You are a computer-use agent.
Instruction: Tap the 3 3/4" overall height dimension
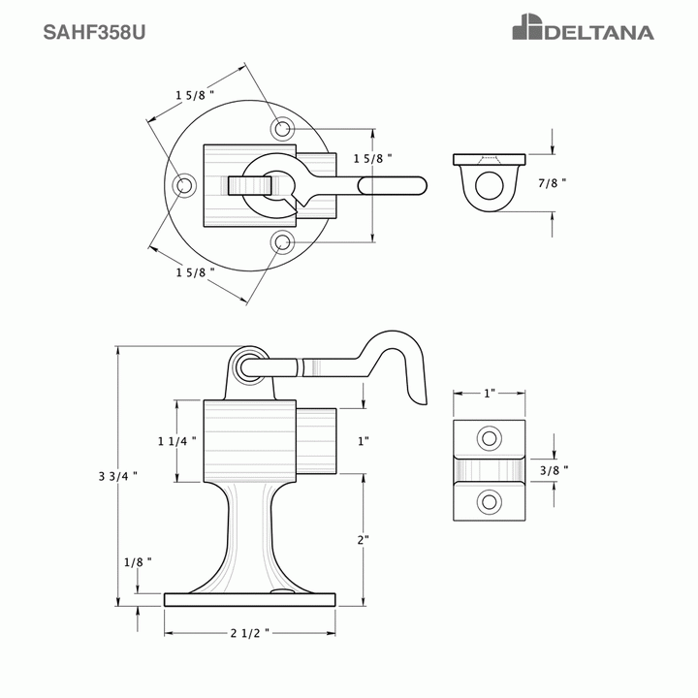click(x=117, y=475)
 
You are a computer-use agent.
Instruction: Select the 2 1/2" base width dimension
click(x=249, y=633)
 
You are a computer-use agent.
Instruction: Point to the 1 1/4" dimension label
click(x=177, y=440)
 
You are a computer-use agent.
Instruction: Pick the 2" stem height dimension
click(x=364, y=540)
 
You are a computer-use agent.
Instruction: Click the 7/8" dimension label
click(x=553, y=182)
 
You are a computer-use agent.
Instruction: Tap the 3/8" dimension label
click(x=554, y=470)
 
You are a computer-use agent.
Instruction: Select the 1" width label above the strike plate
click(x=490, y=394)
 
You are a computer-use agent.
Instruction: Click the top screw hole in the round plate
click(x=282, y=128)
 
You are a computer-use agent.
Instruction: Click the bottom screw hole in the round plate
click(x=282, y=241)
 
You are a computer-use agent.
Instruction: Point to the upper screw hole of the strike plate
click(x=490, y=438)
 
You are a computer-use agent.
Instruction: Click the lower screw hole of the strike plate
click(x=490, y=501)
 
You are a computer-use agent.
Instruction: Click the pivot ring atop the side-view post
click(x=249, y=365)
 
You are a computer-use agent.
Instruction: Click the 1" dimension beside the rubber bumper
click(x=364, y=441)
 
